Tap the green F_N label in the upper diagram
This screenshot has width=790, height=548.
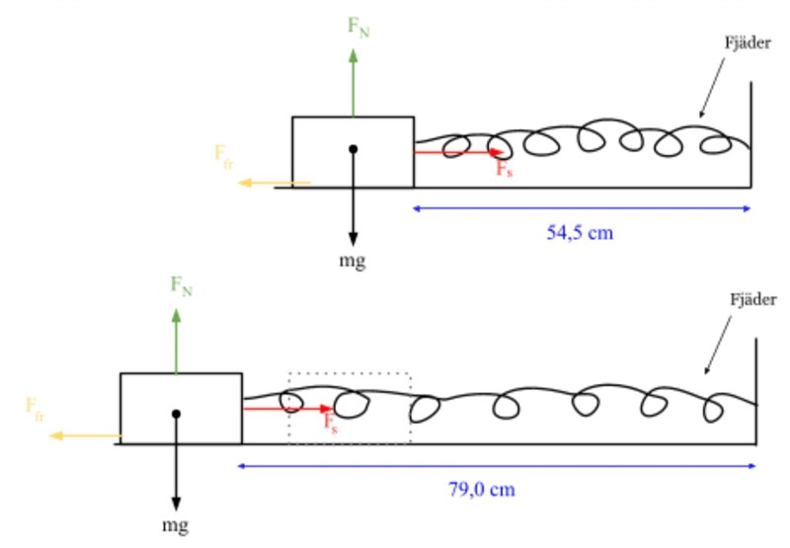click(x=357, y=27)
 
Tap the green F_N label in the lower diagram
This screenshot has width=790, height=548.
click(x=182, y=286)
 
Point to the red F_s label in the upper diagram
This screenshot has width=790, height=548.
click(x=504, y=170)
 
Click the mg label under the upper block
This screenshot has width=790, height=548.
click(x=353, y=261)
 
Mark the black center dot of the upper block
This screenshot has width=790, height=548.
click(x=353, y=150)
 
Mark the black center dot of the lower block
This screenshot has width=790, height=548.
click(x=176, y=414)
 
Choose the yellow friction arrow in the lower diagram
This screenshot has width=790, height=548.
click(x=84, y=435)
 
